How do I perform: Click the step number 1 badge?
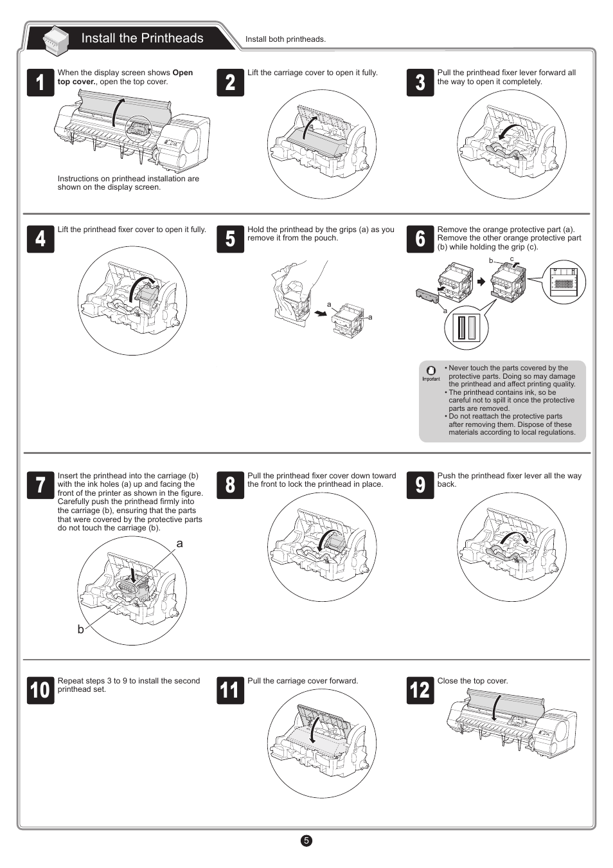tap(40, 82)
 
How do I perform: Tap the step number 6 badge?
tap(420, 239)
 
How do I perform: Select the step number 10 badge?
tap(40, 690)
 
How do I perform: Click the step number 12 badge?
tap(420, 690)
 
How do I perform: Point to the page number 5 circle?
tap(306, 840)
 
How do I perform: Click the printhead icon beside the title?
tap(55, 39)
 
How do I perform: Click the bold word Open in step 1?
tap(182, 73)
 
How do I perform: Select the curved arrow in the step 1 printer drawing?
tap(117, 112)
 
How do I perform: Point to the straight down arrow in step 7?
tap(133, 576)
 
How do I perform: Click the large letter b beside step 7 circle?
tap(80, 629)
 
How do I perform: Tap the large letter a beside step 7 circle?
tap(179, 544)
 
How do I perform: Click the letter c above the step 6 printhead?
tap(511, 259)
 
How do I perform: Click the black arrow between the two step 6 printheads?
tap(481, 282)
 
